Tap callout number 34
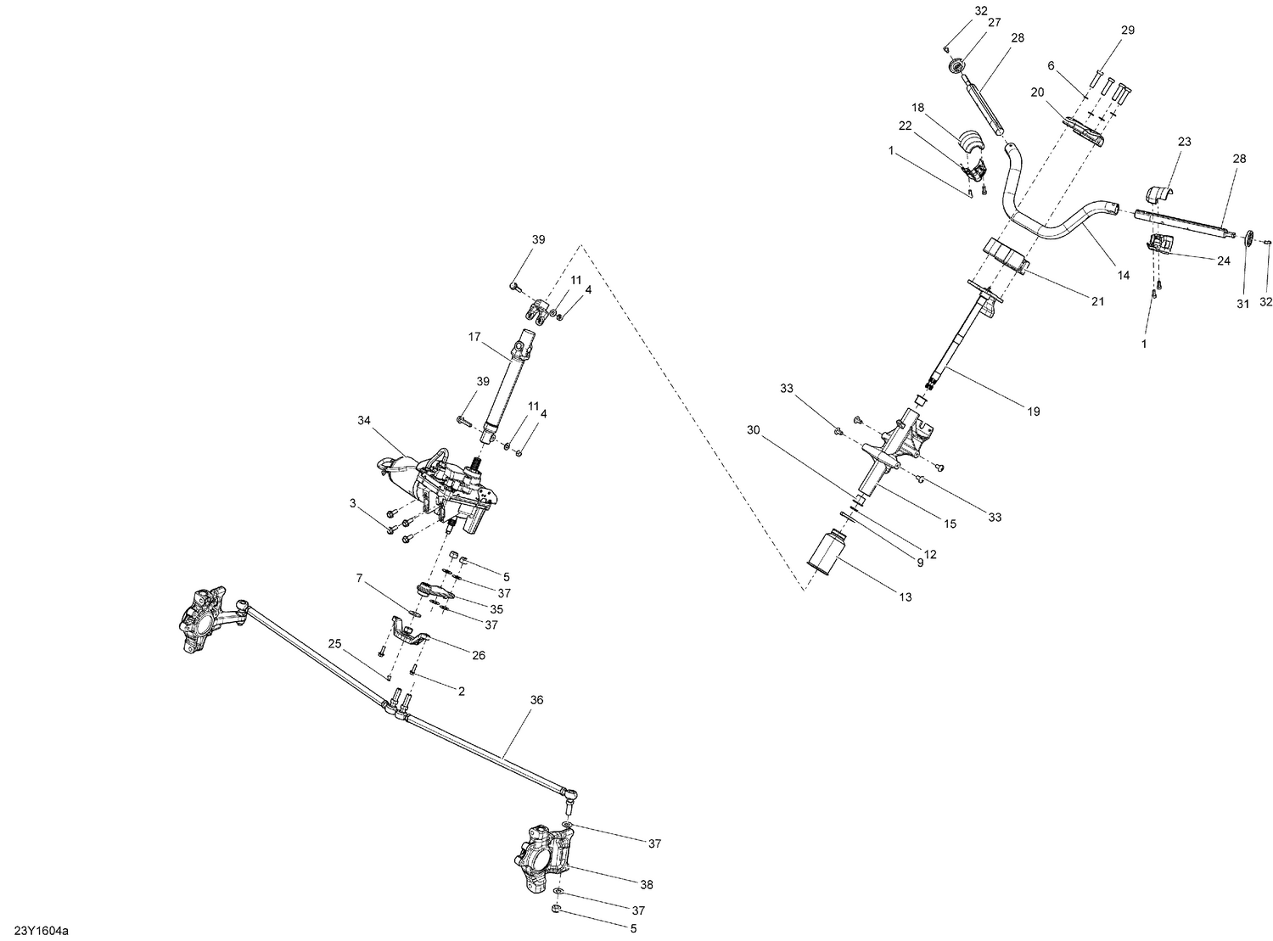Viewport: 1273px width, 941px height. click(364, 421)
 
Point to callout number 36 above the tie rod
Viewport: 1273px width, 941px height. click(536, 700)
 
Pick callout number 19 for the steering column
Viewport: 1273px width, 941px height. click(1033, 412)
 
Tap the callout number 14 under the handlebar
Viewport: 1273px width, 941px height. click(1123, 275)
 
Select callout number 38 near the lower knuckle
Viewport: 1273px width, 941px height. click(647, 884)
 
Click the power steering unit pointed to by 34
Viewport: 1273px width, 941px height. click(441, 492)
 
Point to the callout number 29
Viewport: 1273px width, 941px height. click(1127, 30)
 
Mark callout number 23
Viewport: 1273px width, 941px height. click(1184, 143)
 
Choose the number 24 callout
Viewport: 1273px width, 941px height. click(1223, 261)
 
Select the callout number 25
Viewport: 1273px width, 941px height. click(334, 645)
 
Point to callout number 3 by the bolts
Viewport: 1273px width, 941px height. click(352, 503)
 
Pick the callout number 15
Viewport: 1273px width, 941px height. click(950, 524)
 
